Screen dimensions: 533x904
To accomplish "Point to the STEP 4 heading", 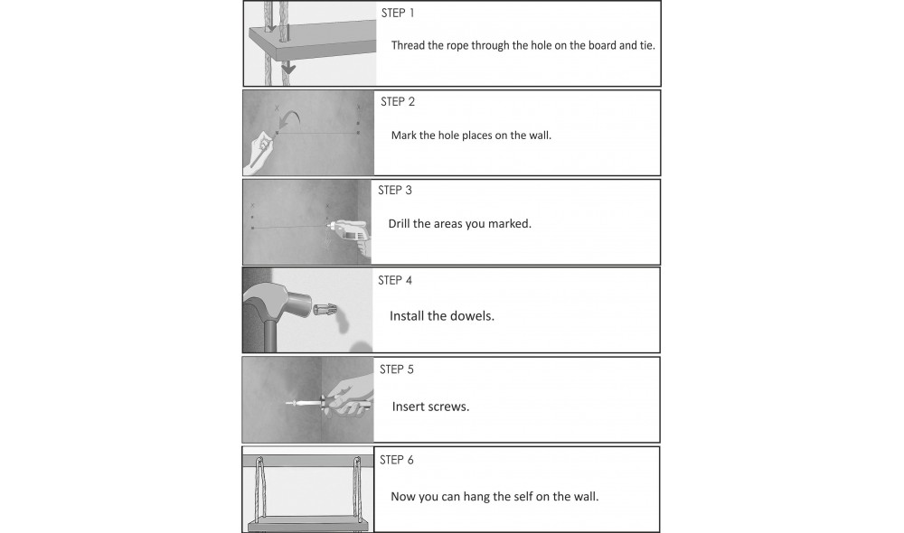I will (395, 280).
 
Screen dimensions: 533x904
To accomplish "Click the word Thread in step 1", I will (409, 44).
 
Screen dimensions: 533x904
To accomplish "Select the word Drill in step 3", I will (399, 223).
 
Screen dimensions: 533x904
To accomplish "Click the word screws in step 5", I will (448, 407).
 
